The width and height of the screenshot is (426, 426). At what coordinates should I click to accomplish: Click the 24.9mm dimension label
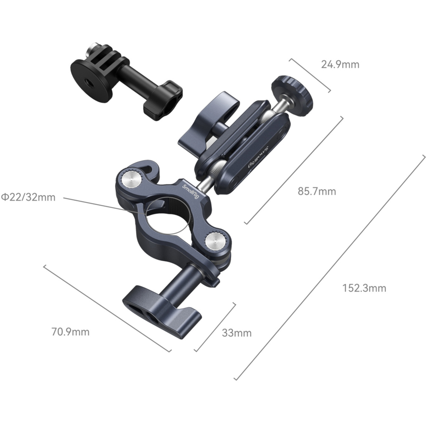coord(340,65)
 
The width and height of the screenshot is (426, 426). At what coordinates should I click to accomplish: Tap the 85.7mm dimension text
coord(317,191)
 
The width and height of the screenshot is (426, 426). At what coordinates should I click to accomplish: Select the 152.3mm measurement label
coord(364,288)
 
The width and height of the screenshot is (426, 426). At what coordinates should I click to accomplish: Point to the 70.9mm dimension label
coord(70,332)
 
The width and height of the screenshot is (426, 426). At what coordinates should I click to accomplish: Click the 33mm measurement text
coord(237,333)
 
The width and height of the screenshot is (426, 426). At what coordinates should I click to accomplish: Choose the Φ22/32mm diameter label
coord(28,197)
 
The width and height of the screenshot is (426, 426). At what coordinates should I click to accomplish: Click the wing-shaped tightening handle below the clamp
coord(162,312)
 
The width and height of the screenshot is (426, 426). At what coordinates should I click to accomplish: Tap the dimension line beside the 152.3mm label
coord(329,267)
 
